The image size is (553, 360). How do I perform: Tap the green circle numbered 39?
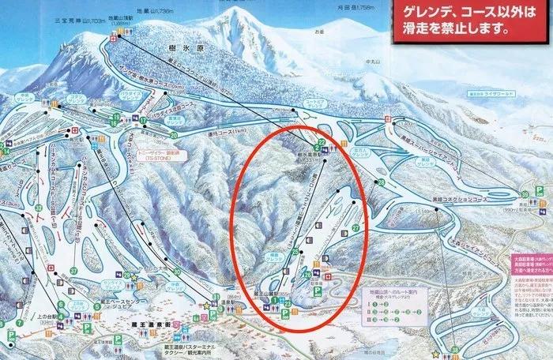click(525, 194)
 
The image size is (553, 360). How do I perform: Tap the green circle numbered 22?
click(322, 143)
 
